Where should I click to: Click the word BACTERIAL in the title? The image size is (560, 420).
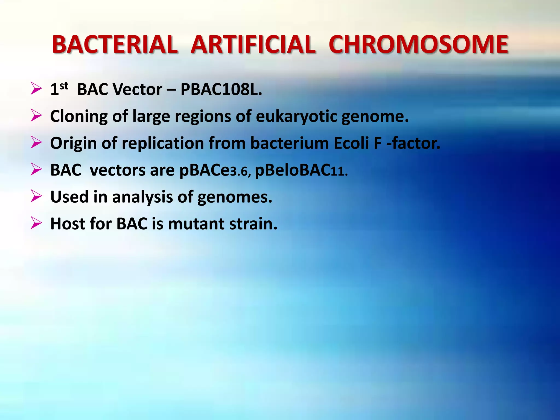(115, 45)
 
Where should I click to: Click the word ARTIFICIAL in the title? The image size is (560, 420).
(253, 45)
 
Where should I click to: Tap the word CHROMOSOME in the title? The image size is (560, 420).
(418, 45)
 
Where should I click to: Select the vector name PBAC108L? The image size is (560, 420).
(221, 89)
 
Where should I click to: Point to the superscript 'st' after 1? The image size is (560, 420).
(64, 86)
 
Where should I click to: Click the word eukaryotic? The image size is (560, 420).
(296, 116)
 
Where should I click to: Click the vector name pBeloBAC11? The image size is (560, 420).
(301, 170)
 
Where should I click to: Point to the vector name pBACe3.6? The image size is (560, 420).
(215, 170)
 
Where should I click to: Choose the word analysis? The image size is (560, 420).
(142, 197)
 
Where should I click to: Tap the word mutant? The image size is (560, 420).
(196, 224)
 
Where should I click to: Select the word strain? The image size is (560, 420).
(253, 224)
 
